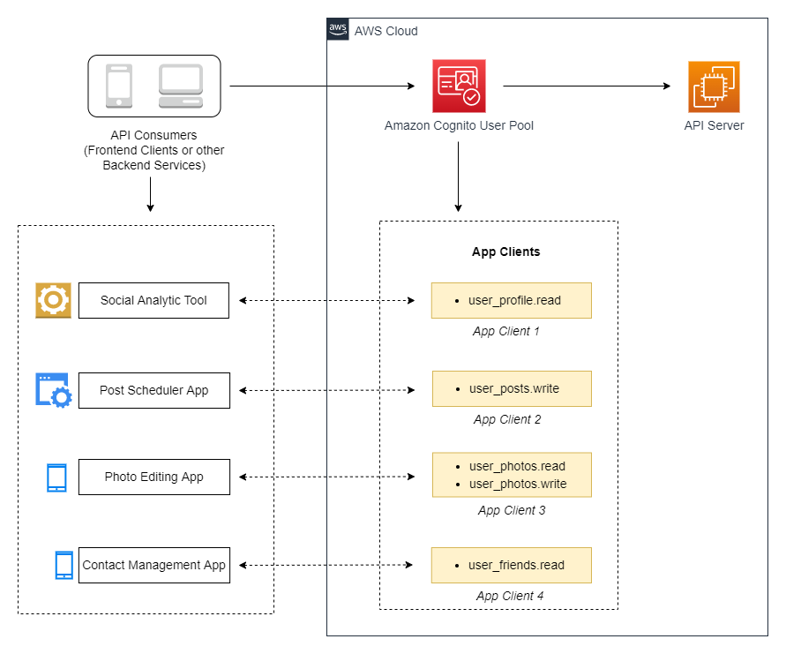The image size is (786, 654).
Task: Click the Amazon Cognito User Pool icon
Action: [x=459, y=86]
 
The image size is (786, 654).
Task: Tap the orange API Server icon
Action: [x=714, y=86]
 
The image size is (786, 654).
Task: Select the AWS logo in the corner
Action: [x=338, y=30]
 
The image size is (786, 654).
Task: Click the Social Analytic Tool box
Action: [x=153, y=300]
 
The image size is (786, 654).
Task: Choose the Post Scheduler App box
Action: [x=153, y=390]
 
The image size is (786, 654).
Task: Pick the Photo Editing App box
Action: [x=153, y=477]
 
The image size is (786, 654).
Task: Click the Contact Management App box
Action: [x=153, y=565]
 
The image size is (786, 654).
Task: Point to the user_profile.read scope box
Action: [x=511, y=300]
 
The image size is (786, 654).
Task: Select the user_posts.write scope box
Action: [x=511, y=388]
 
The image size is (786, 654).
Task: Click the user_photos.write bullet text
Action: [x=517, y=484]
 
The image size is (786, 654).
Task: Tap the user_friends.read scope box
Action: [x=511, y=565]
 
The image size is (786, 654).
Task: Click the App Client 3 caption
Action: [x=512, y=510]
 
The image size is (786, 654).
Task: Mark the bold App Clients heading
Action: [x=505, y=252]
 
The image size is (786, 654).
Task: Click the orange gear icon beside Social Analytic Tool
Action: [x=53, y=300]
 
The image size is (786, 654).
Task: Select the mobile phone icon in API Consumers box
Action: [x=119, y=86]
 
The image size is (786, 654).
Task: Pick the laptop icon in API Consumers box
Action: [x=181, y=86]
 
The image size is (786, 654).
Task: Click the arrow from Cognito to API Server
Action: [x=587, y=86]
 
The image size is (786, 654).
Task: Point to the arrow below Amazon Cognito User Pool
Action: [x=459, y=177]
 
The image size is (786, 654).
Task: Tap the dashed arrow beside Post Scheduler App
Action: [x=327, y=390]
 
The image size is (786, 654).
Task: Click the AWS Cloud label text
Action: [x=386, y=31]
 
